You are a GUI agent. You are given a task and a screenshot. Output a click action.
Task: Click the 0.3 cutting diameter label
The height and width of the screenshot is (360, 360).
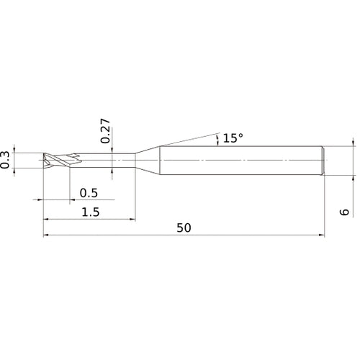pyautogui.click(x=6, y=160)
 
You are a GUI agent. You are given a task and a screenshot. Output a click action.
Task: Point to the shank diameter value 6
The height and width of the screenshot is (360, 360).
pyautogui.click(x=346, y=212)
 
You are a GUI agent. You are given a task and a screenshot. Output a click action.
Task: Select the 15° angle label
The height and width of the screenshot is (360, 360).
pyautogui.click(x=233, y=137)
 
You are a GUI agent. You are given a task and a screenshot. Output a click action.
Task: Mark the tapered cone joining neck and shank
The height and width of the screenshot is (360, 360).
pyautogui.click(x=148, y=160)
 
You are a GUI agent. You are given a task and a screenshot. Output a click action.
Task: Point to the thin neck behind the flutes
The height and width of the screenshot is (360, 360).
pyautogui.click(x=108, y=160)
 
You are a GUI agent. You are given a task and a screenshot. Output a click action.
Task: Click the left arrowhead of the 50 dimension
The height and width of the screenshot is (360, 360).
pyautogui.click(x=47, y=234)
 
